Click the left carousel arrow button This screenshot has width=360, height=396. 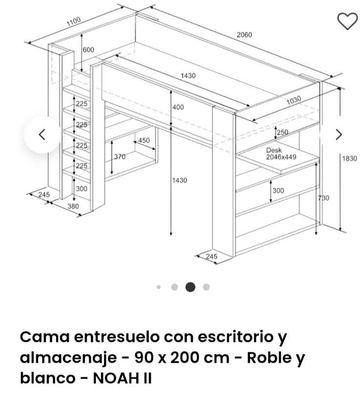pyautogui.click(x=42, y=134)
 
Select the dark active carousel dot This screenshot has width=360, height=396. pyautogui.click(x=190, y=287)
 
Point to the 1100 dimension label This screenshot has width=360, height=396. pyautogui.click(x=73, y=21)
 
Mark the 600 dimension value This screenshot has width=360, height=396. pyautogui.click(x=89, y=50)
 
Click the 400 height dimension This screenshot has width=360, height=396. pyautogui.click(x=177, y=107)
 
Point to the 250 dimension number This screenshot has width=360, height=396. pyautogui.click(x=282, y=132)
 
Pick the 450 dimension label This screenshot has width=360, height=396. pyautogui.click(x=143, y=140)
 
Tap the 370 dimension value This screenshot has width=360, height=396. pyautogui.click(x=119, y=157)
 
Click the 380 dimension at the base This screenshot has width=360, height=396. pyautogui.click(x=58, y=207)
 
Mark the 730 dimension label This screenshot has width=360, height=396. pyautogui.click(x=323, y=198)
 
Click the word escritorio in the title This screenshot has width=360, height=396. pyautogui.click(x=226, y=336)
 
